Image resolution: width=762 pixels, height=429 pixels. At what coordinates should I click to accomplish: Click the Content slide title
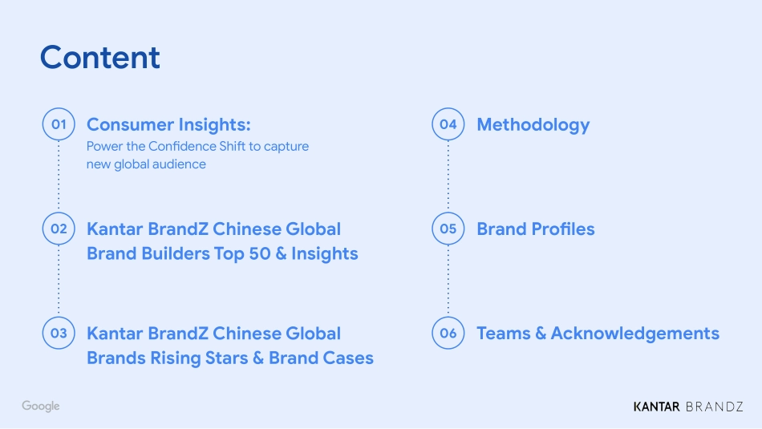tap(100, 58)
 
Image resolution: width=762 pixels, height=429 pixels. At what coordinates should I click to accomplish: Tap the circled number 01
tap(59, 124)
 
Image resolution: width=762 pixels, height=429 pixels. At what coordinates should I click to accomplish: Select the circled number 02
tap(59, 229)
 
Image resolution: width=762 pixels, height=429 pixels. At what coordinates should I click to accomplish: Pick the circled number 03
tap(59, 333)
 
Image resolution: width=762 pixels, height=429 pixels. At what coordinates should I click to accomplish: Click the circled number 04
tap(448, 124)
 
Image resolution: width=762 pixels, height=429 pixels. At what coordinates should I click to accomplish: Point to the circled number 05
tap(448, 229)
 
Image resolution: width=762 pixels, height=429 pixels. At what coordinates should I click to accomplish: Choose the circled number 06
tap(448, 333)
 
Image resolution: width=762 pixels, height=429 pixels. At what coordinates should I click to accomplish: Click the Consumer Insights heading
tap(168, 124)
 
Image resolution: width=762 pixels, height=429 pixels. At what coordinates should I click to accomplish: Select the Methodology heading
tap(533, 124)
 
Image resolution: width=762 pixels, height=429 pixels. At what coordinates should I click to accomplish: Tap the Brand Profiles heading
tap(536, 229)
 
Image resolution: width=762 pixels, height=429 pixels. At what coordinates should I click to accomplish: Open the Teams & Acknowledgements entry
tap(598, 333)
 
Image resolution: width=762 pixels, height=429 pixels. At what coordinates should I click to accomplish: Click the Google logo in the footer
tap(41, 407)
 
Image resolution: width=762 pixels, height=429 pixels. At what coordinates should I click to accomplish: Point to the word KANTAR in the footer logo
tap(656, 407)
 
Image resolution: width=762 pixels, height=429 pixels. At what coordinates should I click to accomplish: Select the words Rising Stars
tap(200, 358)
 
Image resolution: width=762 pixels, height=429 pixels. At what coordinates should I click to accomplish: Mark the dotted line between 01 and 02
tap(59, 176)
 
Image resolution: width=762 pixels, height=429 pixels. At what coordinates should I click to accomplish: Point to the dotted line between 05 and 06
tap(448, 281)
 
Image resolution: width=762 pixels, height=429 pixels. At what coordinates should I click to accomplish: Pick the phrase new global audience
tap(146, 164)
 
